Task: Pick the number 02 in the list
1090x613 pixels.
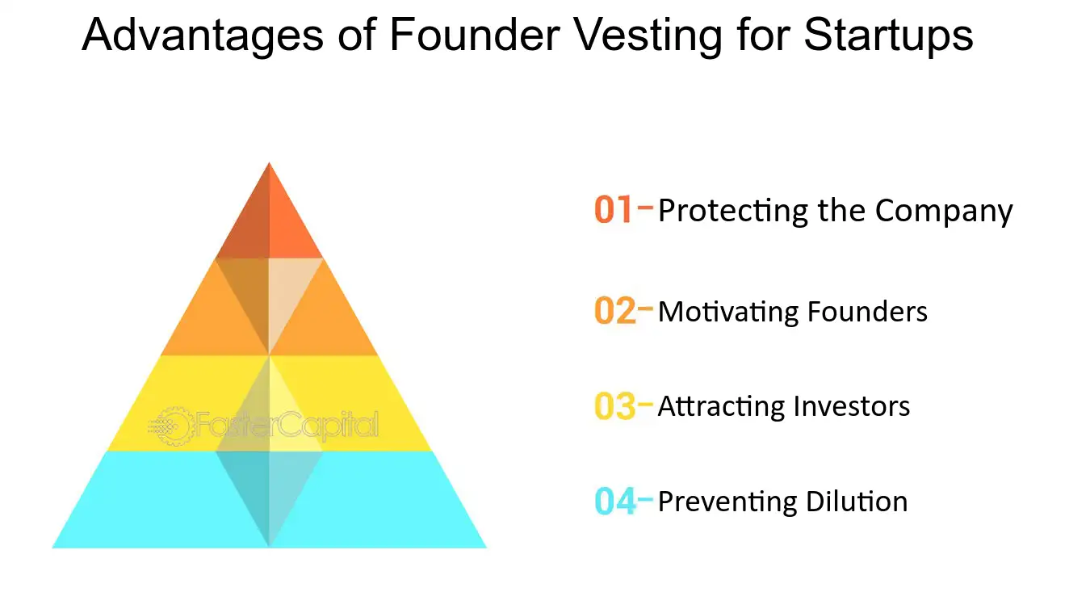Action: (x=614, y=312)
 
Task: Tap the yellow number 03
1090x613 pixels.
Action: (x=614, y=406)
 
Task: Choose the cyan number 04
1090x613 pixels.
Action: (x=614, y=502)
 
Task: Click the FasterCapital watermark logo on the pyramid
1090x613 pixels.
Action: (x=263, y=425)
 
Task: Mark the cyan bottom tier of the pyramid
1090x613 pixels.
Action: (x=145, y=509)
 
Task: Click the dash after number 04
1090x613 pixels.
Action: (x=645, y=500)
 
